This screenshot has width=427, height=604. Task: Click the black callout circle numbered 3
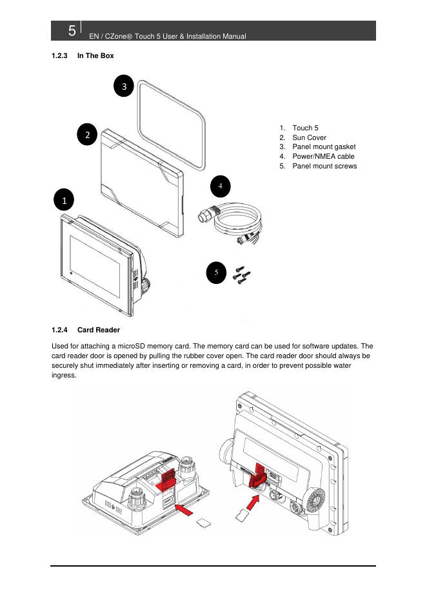124,85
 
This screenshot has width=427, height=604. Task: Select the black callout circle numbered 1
65,201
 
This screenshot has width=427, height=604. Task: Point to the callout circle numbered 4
220,186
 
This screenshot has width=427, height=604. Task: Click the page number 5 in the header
72,31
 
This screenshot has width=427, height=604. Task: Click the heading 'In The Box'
95,56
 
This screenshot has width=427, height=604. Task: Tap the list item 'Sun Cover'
309,137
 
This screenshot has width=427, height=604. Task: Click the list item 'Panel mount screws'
324,166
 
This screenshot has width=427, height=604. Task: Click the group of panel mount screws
242,274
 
